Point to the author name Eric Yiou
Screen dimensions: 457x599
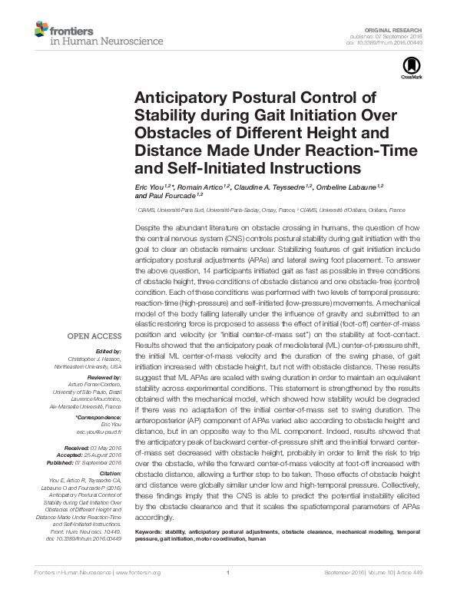pos(151,187)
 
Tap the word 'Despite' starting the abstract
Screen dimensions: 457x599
pos(148,229)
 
